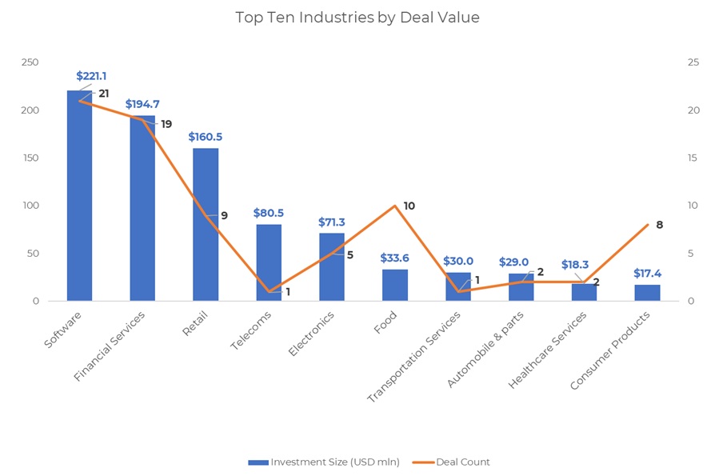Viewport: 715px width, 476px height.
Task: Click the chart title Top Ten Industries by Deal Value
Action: tap(357, 18)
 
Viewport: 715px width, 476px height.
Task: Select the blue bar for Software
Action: tap(79, 200)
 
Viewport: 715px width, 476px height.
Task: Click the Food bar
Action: tap(395, 286)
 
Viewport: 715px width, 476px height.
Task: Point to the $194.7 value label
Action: tap(142, 104)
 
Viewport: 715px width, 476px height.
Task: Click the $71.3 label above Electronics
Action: tap(332, 222)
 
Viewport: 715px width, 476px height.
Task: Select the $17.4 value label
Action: tap(647, 274)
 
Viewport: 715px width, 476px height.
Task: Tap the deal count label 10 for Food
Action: tap(409, 206)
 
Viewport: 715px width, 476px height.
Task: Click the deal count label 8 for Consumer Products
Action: tap(659, 225)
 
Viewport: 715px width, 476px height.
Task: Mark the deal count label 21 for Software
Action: tap(104, 94)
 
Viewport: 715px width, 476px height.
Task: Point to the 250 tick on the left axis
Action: tap(30, 62)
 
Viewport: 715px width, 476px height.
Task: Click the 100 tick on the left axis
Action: tap(30, 206)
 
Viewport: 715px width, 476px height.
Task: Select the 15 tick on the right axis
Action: tap(693, 158)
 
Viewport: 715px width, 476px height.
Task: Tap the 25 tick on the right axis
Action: tap(693, 62)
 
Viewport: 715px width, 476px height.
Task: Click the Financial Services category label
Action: tap(110, 346)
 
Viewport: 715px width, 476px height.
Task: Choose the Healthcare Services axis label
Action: tap(549, 350)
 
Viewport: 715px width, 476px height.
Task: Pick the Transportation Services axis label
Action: tap(414, 356)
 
